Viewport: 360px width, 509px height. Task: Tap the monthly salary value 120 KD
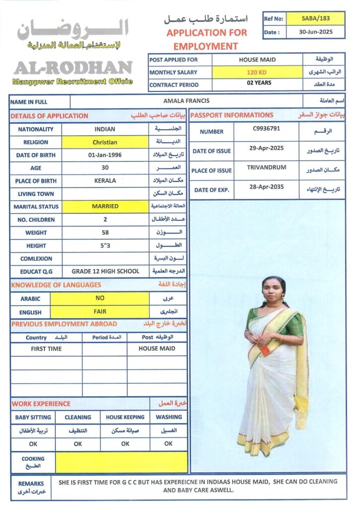point(257,72)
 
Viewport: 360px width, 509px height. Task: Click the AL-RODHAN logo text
point(73,67)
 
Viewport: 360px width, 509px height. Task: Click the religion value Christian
point(105,142)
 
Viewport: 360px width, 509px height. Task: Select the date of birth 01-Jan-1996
point(105,155)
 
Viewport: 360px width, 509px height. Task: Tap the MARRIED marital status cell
point(105,206)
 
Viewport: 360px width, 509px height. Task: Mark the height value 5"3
point(105,246)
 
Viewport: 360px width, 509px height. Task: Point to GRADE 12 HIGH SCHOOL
point(105,271)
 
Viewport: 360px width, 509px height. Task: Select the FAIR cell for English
point(99,312)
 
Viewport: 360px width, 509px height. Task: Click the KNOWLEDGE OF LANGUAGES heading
point(56,285)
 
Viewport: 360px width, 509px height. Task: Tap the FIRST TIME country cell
point(46,349)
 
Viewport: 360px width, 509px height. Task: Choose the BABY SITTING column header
point(33,418)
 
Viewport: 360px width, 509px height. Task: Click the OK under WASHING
point(169,444)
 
